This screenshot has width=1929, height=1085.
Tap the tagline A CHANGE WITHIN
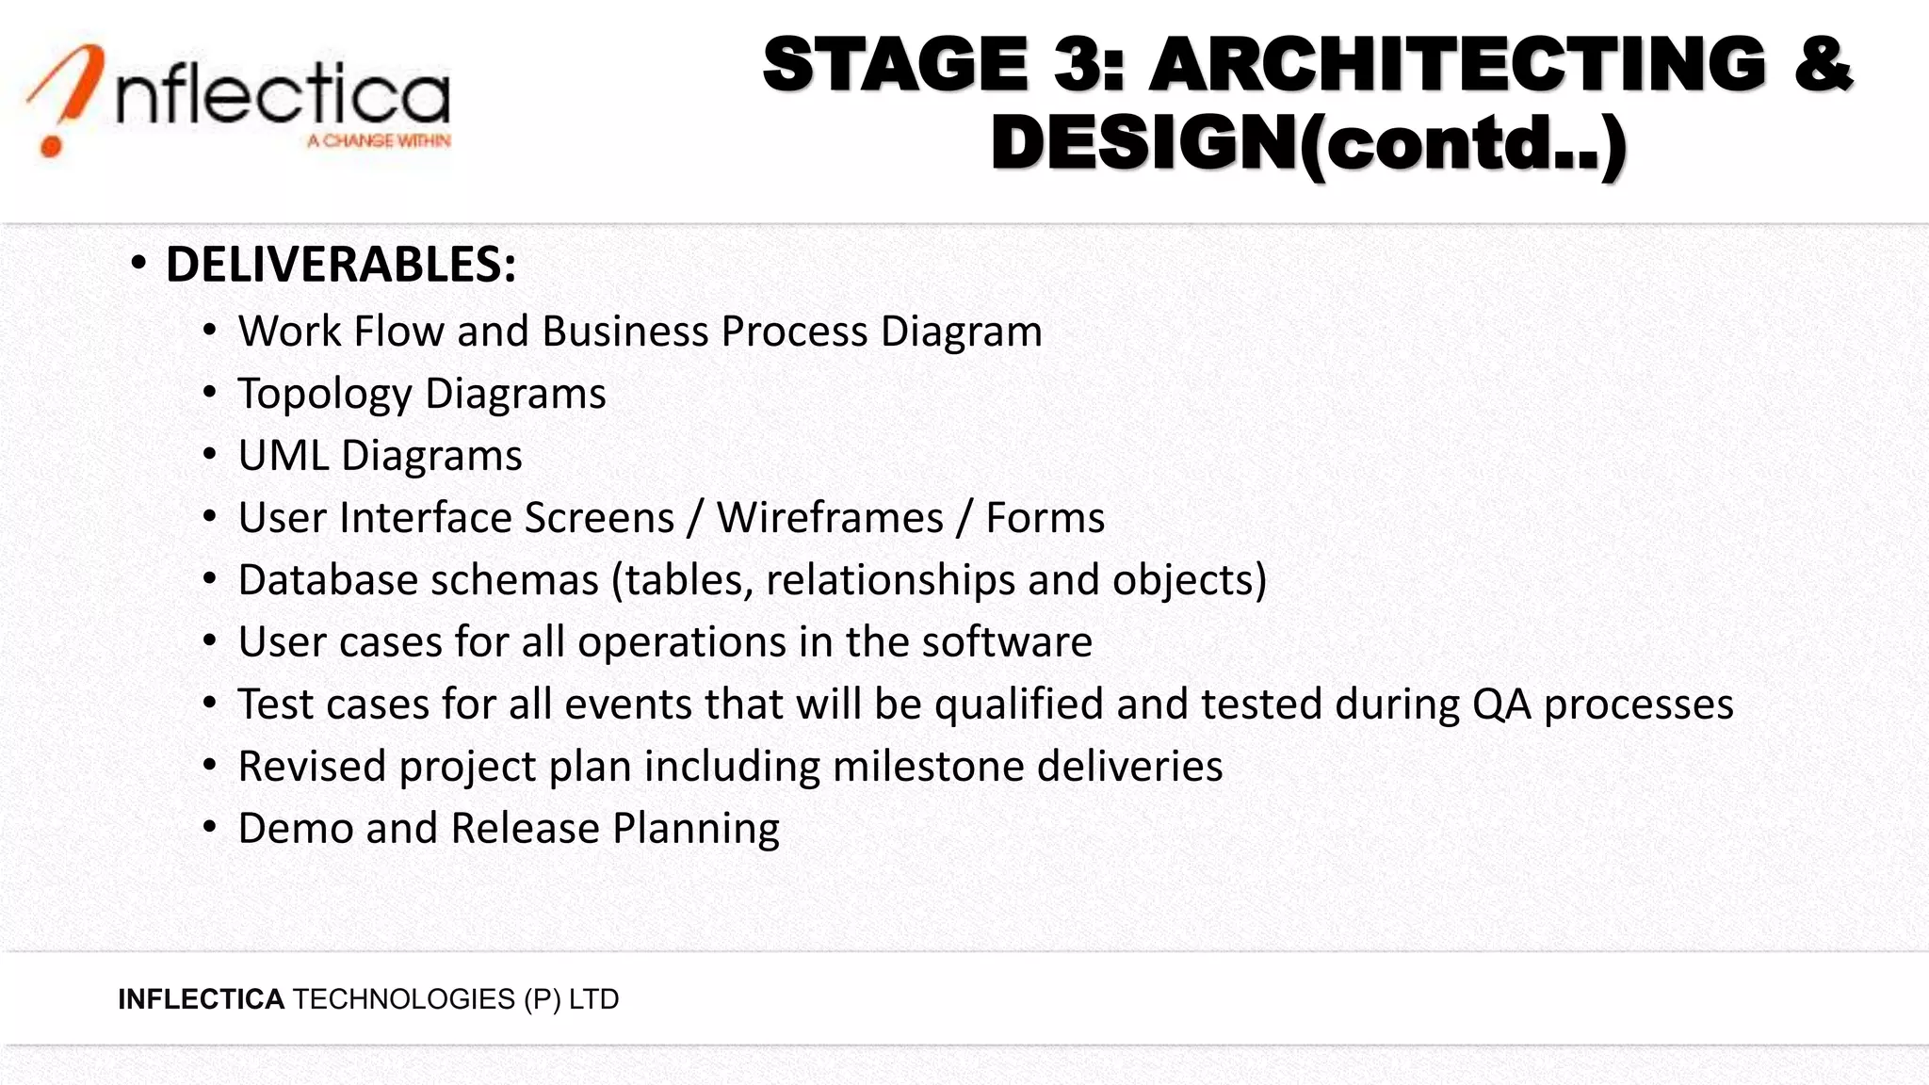pos(379,141)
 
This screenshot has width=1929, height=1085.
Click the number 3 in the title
pos(1081,64)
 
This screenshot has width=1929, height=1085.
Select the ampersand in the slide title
pos(1823,64)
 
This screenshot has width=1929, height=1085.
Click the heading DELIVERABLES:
pos(341,265)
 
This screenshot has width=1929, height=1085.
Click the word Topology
pos(324,394)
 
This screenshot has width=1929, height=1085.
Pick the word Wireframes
pos(830,518)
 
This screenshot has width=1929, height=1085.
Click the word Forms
pos(1045,518)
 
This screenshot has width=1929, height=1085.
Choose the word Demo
pos(295,829)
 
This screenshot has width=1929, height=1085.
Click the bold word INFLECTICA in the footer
pos(201,999)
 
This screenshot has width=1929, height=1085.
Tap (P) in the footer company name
pos(543,999)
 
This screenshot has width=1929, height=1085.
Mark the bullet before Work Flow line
pos(210,331)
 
